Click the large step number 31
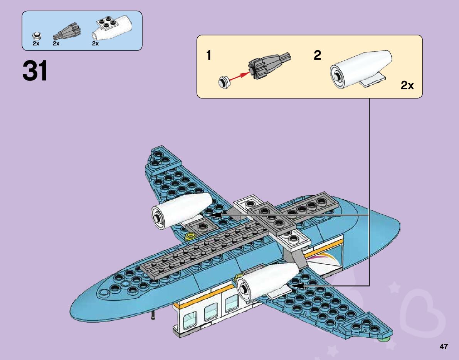click(x=35, y=71)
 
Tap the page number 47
click(x=444, y=347)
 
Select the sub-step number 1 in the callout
click(x=208, y=56)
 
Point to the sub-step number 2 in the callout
click(x=317, y=56)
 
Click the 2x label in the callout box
click(x=407, y=85)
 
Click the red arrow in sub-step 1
click(x=239, y=75)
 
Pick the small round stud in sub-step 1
click(x=224, y=81)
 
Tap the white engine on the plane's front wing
click(x=266, y=281)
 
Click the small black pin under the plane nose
click(x=154, y=316)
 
